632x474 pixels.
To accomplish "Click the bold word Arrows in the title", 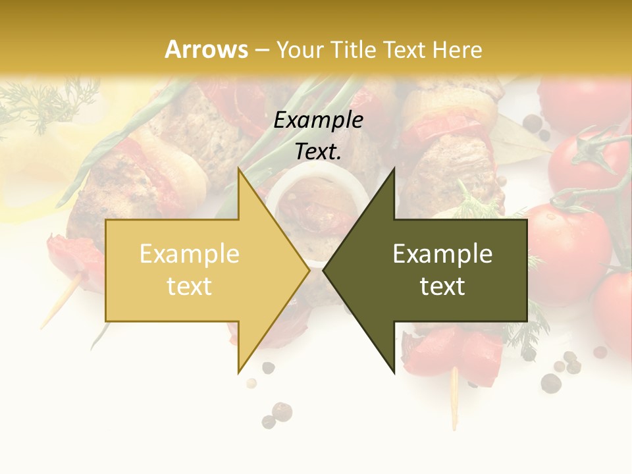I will point(207,49).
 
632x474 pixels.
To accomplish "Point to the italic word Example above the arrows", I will point(318,120).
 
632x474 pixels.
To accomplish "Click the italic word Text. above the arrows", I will point(318,152).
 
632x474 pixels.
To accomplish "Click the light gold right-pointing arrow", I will point(197,271).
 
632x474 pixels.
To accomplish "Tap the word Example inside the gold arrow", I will point(190,254).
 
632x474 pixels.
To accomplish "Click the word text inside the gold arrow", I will point(190,286).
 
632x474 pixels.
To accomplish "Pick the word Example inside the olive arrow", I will point(442,254).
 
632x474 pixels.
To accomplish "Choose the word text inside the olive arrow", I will point(442,286).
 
